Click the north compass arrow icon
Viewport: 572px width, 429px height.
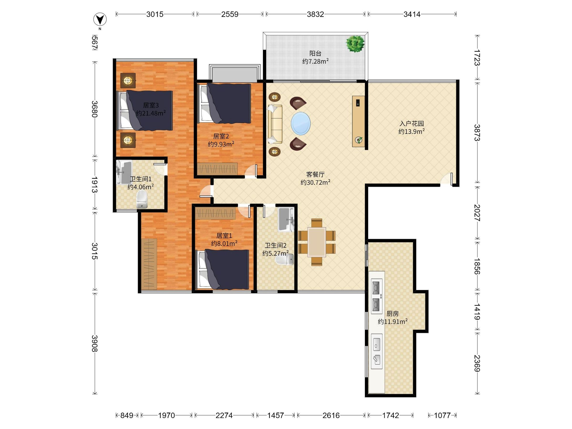pos(100,19)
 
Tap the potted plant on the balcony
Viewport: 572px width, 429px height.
pos(356,44)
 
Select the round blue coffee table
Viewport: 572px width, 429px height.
pos(301,123)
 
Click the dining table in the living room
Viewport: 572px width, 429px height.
pos(317,242)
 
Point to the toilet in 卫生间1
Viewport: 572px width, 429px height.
pos(142,199)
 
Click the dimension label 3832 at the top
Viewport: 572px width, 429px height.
pos(316,14)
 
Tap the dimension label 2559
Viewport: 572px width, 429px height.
pos(230,14)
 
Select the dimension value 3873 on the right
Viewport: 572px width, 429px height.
pos(477,133)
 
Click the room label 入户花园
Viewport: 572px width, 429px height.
pos(411,123)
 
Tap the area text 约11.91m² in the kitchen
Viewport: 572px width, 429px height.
pos(393,322)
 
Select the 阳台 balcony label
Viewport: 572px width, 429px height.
pos(316,54)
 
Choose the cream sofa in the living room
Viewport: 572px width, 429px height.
pos(275,124)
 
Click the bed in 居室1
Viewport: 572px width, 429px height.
pos(223,269)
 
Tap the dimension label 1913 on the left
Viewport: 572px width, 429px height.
pos(95,185)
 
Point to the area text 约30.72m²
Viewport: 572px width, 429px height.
pos(316,182)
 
